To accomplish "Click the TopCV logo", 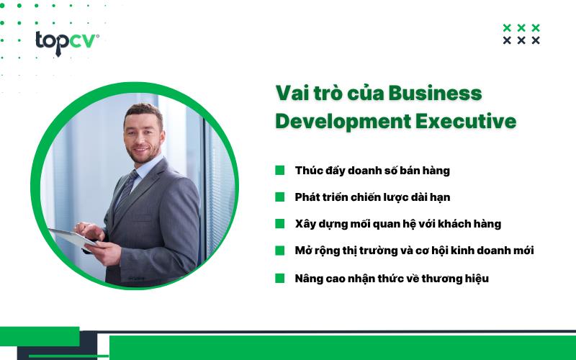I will coord(67,42).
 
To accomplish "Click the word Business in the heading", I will coord(435,94).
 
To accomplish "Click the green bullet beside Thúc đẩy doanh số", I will coord(279,171).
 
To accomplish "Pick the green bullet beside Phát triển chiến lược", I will coord(279,197).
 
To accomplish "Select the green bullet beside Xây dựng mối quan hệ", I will coord(279,224).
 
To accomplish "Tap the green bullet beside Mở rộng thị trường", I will coord(279,251).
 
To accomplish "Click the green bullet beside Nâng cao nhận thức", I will coord(279,278).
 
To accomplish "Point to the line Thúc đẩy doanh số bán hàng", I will coord(372,171).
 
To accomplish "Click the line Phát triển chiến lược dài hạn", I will coord(372,197).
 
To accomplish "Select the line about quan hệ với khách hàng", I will coord(397,224).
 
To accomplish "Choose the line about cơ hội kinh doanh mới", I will coord(414,251).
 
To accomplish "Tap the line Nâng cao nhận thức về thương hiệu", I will coord(392,278).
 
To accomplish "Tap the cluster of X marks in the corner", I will coord(521,34).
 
